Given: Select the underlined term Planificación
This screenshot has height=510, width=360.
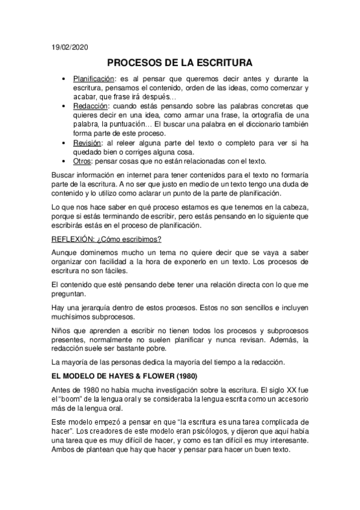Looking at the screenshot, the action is (x=94, y=78).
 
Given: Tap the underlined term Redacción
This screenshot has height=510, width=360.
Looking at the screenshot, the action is (x=90, y=105).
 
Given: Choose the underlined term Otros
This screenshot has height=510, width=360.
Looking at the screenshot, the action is (x=82, y=161).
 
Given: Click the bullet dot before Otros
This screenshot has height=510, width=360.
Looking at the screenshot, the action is (x=64, y=161).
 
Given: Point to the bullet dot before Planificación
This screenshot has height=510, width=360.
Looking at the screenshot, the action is (x=64, y=79).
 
